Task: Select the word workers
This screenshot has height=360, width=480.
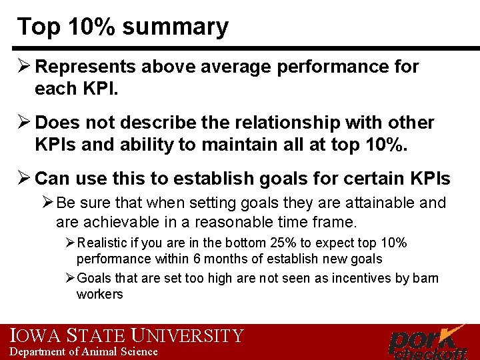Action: click(x=100, y=294)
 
